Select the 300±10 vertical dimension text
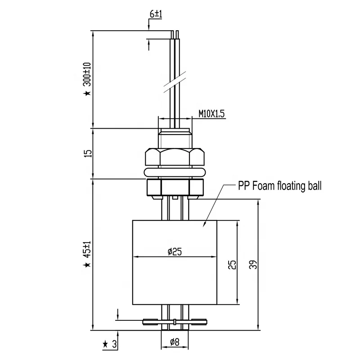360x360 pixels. click(87, 74)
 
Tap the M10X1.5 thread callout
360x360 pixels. click(211, 114)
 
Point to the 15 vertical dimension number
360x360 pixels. click(88, 153)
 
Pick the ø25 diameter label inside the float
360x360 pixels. click(174, 252)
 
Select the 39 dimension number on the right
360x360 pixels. click(254, 265)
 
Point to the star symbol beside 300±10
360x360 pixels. click(87, 93)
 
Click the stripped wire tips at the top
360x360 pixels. click(175, 34)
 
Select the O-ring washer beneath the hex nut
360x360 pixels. click(174, 171)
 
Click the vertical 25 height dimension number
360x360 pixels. click(231, 264)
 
